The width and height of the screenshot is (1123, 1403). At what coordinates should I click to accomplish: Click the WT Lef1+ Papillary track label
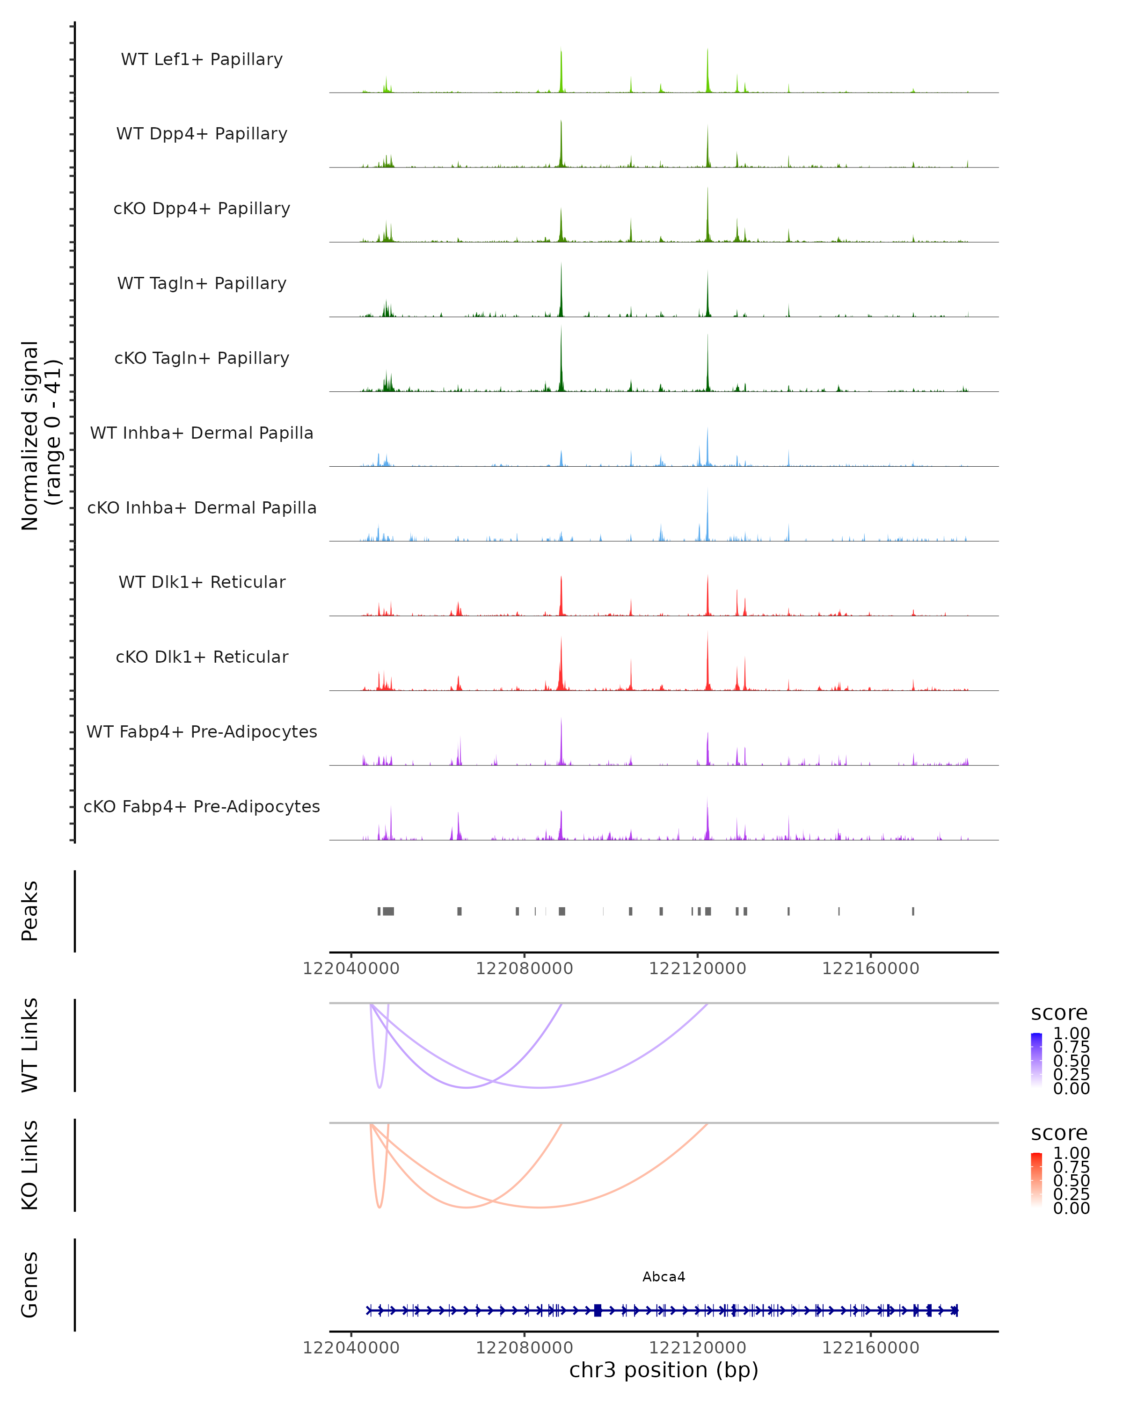tap(202, 59)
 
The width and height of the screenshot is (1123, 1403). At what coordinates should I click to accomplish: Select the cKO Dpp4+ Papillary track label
tap(202, 209)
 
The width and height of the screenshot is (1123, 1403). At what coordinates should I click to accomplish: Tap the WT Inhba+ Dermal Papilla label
tap(202, 434)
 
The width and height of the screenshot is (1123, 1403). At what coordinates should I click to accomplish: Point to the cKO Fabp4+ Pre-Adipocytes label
tap(202, 807)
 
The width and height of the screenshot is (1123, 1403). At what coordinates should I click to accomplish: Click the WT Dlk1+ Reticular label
tap(202, 582)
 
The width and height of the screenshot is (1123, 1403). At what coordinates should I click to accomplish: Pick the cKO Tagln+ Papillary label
tap(202, 359)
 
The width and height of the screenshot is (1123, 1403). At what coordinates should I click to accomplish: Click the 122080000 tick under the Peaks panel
tap(524, 969)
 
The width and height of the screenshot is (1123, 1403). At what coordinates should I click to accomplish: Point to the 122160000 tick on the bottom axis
tap(870, 1348)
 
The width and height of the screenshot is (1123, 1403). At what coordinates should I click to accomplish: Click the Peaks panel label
tap(30, 911)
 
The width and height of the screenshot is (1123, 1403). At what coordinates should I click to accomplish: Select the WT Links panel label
tap(30, 1045)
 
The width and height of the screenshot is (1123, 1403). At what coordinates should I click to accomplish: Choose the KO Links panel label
tap(30, 1165)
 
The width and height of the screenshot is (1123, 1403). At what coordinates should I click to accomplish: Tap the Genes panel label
tap(30, 1285)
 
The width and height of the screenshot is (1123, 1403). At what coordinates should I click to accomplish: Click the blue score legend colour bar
tap(1036, 1060)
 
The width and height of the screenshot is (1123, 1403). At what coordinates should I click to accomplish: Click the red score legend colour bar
tap(1036, 1180)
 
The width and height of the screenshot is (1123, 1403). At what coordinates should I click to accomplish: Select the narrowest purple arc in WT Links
tap(379, 1085)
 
